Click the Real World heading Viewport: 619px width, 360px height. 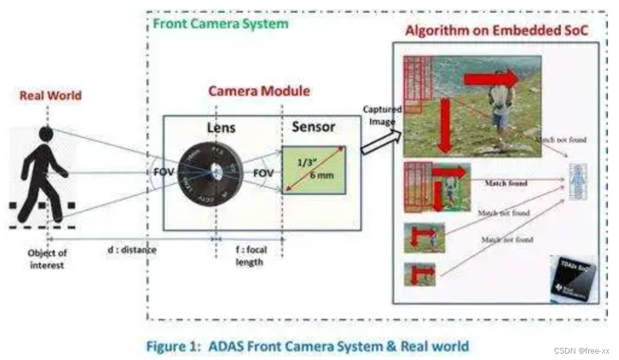(x=51, y=96)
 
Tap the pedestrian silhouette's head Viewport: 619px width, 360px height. (x=46, y=133)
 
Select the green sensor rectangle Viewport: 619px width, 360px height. (x=313, y=170)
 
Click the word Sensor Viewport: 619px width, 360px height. (x=313, y=126)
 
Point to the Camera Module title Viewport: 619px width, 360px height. (x=259, y=91)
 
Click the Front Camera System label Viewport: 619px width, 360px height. (x=220, y=24)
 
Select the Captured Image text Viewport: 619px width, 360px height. (x=382, y=115)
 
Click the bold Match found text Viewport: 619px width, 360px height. (x=505, y=184)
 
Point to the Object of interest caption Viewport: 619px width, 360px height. (x=47, y=259)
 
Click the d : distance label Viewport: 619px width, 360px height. (x=131, y=249)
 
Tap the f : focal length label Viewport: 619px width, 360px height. (x=247, y=255)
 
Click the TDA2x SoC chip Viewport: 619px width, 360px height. (x=573, y=277)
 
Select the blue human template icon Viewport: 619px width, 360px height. (x=578, y=182)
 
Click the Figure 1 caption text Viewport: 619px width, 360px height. (x=308, y=347)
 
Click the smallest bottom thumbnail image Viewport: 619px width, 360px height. (x=419, y=274)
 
